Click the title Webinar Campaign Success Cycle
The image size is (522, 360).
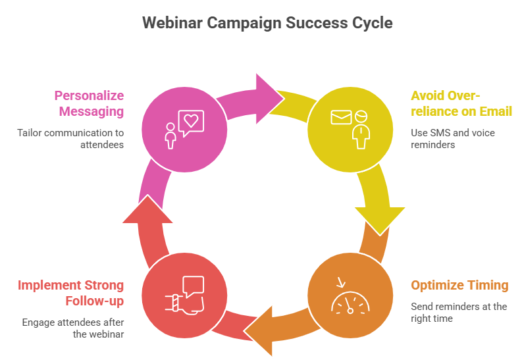(267, 23)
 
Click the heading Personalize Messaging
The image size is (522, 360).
(89, 103)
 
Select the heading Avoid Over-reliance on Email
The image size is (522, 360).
(461, 103)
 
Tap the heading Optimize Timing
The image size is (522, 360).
(459, 286)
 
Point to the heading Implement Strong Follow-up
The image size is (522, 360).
(70, 293)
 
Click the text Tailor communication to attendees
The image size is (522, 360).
(70, 138)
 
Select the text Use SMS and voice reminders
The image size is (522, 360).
(453, 138)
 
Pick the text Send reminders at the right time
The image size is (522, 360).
(459, 312)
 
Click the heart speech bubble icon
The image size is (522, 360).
(191, 122)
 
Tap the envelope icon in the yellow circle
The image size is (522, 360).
(341, 118)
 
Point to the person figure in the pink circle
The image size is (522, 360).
(170, 135)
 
